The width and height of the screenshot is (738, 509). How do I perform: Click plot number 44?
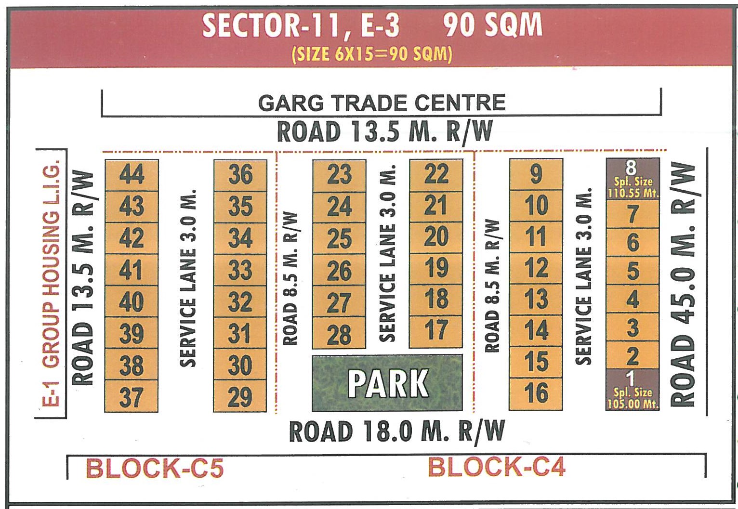coord(132,175)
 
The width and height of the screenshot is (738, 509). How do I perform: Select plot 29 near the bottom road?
coord(240,396)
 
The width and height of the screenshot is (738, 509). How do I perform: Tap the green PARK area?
coord(387,383)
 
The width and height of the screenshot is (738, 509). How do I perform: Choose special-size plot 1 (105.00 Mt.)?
coord(632,390)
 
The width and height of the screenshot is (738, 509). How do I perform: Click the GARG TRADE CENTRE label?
coord(382,103)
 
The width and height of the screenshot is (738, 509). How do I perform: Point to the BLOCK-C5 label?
coord(155,468)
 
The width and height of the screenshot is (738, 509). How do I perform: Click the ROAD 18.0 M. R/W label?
coord(396,431)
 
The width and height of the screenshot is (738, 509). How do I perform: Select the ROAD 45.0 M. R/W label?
coord(683,284)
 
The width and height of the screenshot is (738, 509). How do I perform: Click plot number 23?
coord(339,175)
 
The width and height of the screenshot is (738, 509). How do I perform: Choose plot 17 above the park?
coord(436,331)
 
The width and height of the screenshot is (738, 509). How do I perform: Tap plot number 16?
coord(536,393)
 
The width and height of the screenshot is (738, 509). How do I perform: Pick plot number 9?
coord(536,175)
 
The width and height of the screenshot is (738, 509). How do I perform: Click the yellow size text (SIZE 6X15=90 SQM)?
coord(372,54)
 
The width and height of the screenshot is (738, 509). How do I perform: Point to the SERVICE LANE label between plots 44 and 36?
coord(188,278)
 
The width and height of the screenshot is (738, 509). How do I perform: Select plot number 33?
coord(240,270)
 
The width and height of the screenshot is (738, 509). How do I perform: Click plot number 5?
coord(632,271)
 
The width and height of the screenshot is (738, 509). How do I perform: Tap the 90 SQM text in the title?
coord(492,26)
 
